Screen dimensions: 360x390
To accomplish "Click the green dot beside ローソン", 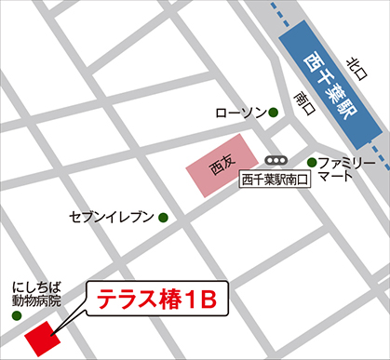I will tap(274, 113).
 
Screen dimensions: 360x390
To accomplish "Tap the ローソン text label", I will tap(240, 113).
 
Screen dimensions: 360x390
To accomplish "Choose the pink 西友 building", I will tap(224, 166).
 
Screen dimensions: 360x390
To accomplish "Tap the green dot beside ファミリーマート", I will tap(312, 162).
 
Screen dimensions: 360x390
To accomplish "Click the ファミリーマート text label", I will tap(346, 168).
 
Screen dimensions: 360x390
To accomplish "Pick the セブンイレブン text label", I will tap(112, 218).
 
